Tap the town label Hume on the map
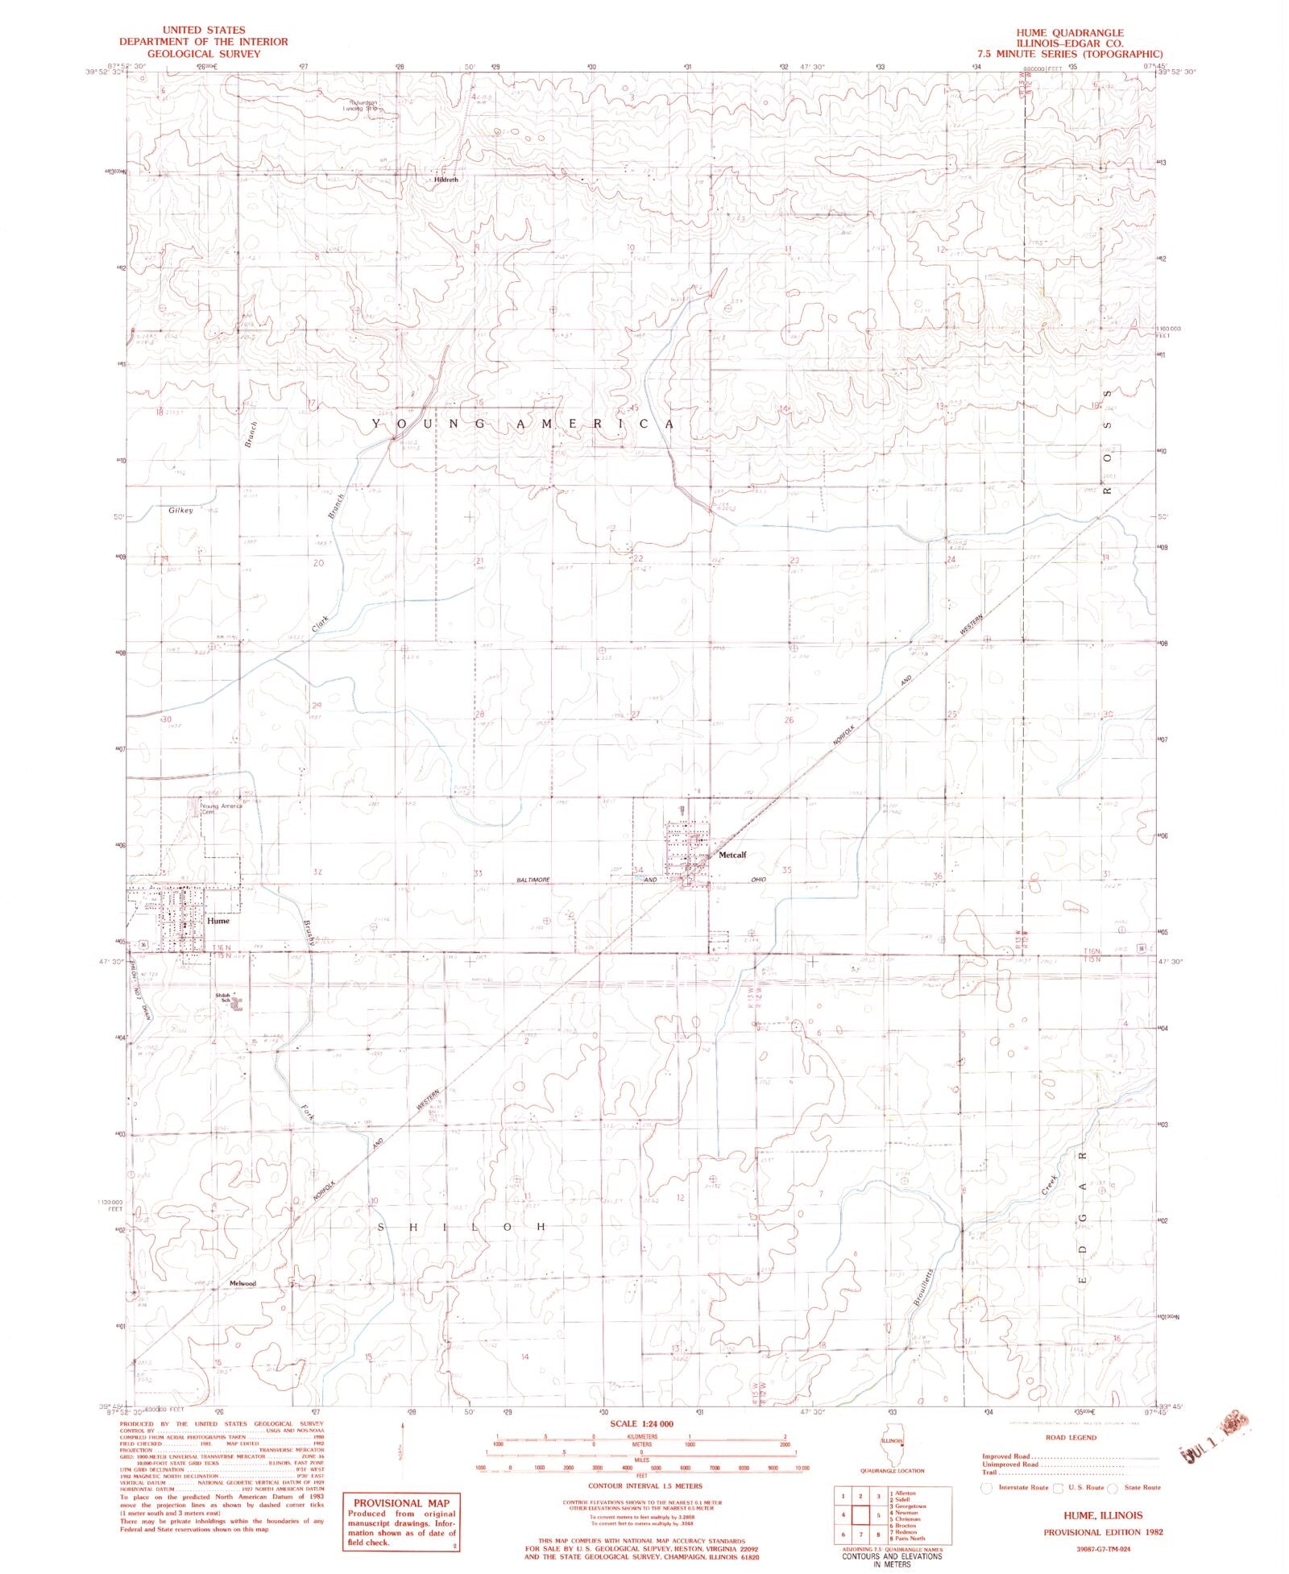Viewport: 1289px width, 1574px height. [x=218, y=920]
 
